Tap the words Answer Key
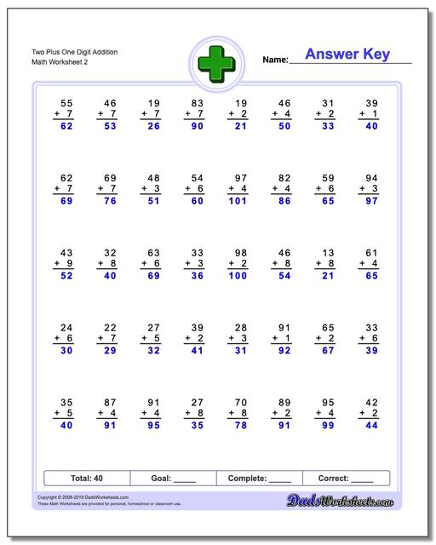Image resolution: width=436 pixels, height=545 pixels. [347, 54]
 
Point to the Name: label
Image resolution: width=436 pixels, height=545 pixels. [275, 60]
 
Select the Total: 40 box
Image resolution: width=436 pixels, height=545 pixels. [87, 479]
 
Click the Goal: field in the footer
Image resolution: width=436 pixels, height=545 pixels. [173, 479]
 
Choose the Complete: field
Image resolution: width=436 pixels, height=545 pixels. [259, 479]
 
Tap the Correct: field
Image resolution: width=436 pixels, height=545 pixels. [346, 479]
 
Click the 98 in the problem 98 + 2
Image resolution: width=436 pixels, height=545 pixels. [239, 252]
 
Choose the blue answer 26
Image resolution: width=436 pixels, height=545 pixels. [152, 126]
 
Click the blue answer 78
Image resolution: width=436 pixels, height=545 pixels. [239, 425]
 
